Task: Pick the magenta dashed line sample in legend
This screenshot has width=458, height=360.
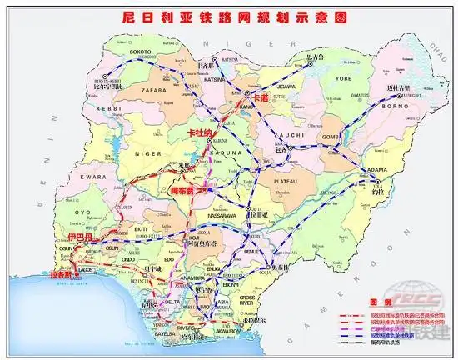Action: [353, 328]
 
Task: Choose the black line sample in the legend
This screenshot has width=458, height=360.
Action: [353, 342]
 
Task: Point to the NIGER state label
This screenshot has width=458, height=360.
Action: [144, 152]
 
